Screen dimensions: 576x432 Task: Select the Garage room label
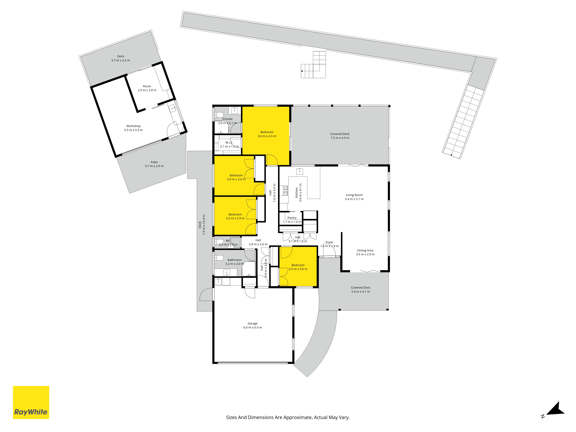click(253, 323)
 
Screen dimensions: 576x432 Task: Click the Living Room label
click(354, 195)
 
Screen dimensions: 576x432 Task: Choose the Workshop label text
click(133, 126)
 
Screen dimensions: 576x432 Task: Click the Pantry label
click(292, 218)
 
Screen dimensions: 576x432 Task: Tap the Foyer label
click(329, 242)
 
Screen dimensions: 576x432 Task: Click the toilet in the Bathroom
click(219, 258)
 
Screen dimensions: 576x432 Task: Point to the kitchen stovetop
click(285, 191)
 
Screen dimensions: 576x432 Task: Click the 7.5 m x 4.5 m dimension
click(340, 138)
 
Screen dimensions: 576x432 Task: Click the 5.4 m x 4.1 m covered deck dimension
click(360, 292)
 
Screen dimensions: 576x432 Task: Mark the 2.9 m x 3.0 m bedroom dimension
click(298, 269)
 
